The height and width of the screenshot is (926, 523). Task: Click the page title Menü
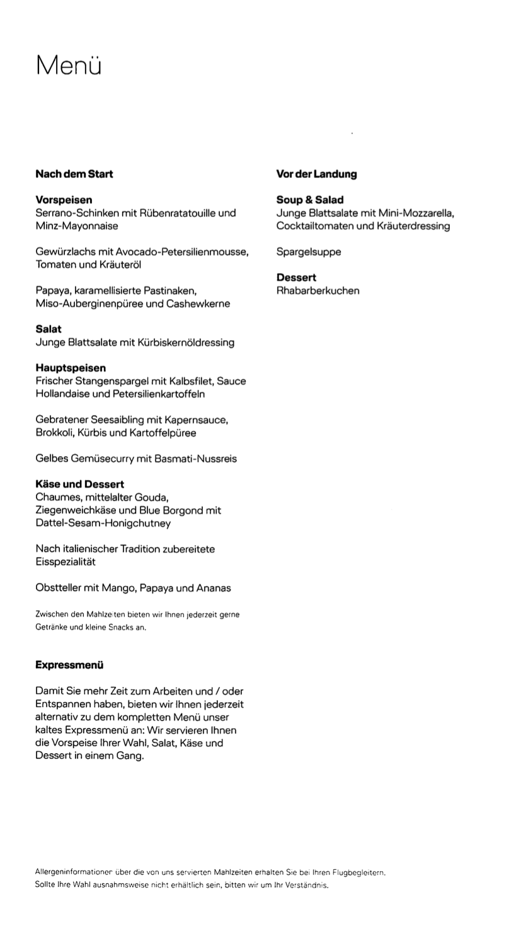(68, 66)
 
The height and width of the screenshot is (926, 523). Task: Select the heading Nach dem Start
(74, 174)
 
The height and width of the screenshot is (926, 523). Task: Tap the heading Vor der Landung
(316, 174)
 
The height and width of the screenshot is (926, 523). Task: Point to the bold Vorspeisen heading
(64, 200)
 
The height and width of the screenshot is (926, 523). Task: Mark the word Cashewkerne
(198, 304)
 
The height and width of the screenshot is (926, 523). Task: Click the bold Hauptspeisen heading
(71, 368)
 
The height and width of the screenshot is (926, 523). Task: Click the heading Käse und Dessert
(79, 484)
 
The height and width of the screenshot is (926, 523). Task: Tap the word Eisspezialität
(66, 562)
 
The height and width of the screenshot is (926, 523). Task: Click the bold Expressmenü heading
(69, 665)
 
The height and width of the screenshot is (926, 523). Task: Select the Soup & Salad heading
(310, 200)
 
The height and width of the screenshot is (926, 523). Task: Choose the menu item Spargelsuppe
(309, 252)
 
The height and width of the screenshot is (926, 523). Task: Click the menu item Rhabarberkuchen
(318, 291)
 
